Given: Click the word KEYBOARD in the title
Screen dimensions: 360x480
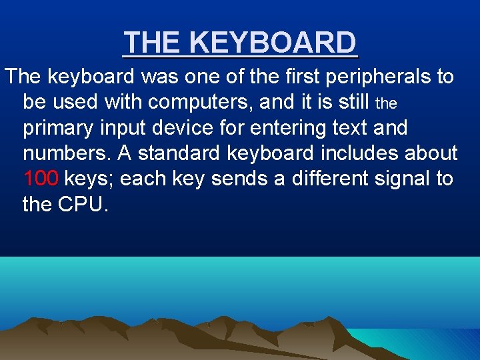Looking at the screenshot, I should pyautogui.click(x=273, y=43).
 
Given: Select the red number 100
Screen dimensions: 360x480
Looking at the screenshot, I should pyautogui.click(x=41, y=179).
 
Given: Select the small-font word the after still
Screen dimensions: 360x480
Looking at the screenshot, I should pyautogui.click(x=387, y=104).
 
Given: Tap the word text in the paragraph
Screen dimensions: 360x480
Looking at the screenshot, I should pyautogui.click(x=358, y=127).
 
